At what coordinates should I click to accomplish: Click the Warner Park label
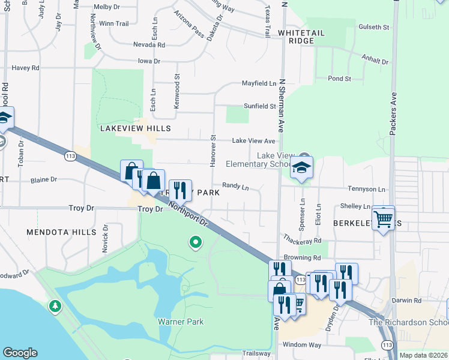[181, 322]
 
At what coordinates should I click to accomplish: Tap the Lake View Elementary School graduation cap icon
[303, 169]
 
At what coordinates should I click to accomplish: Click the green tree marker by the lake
[55, 307]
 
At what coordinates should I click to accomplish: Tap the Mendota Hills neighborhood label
[61, 232]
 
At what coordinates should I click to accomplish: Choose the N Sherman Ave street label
[281, 108]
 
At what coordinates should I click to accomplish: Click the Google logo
[20, 353]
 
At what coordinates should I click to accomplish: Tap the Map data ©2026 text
[423, 355]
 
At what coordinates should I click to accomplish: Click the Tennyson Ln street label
[366, 189]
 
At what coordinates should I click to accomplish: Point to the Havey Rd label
[25, 68]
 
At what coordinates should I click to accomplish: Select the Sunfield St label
[259, 106]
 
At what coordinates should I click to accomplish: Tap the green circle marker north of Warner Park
[195, 242]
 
